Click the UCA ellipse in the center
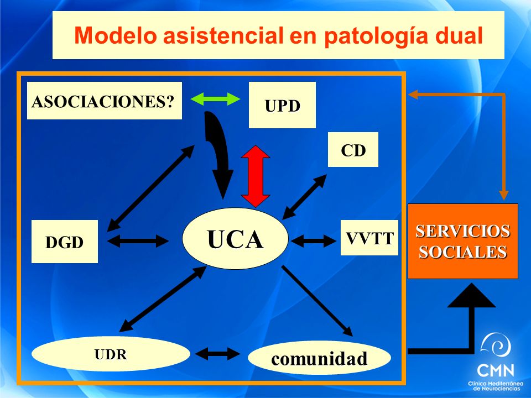235,239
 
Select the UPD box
282,105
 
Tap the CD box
353,150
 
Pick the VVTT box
369,238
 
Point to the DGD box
64,242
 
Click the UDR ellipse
111,354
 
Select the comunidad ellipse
319,358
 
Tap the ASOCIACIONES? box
105,101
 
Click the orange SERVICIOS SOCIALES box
462,242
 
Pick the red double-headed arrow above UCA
256,176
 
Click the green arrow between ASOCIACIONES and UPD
215,99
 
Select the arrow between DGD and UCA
138,241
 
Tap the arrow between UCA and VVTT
314,241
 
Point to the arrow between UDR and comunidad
217,354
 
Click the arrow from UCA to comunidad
317,301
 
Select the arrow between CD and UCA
304,197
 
